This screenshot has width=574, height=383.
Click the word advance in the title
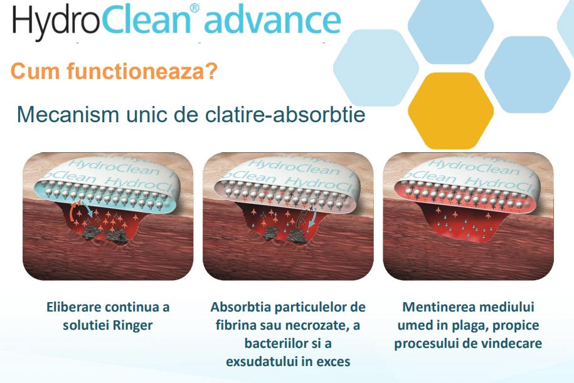[272, 21]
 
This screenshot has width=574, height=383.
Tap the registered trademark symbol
[194, 8]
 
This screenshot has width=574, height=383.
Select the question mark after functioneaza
[212, 71]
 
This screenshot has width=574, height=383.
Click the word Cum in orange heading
[35, 71]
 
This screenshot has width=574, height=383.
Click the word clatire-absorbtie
[285, 114]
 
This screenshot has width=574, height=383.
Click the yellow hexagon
[450, 110]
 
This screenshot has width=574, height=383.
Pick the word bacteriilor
[274, 344]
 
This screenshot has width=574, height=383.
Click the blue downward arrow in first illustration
[88, 211]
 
